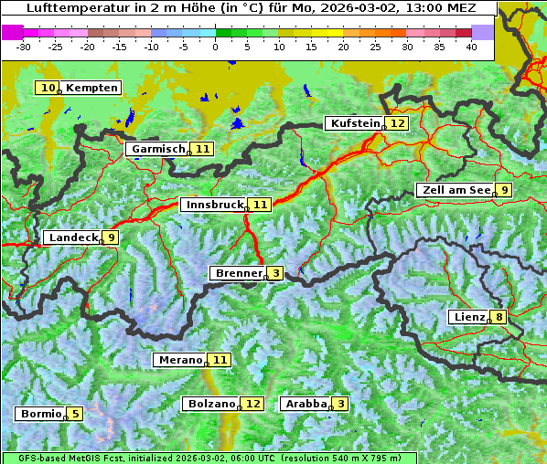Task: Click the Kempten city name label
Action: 92,88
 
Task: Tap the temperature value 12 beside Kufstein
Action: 397,123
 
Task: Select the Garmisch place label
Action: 157,149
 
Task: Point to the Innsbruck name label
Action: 213,206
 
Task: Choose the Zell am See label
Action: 454,190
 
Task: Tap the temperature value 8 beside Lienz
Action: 499,318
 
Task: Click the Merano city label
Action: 178,360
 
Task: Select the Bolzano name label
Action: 210,404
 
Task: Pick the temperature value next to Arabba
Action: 340,404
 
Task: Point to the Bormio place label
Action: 39,414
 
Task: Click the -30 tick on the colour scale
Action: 24,46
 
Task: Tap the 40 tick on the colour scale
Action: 471,46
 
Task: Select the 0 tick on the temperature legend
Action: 215,46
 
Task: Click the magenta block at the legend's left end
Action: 12,32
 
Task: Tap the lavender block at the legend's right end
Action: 483,32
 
